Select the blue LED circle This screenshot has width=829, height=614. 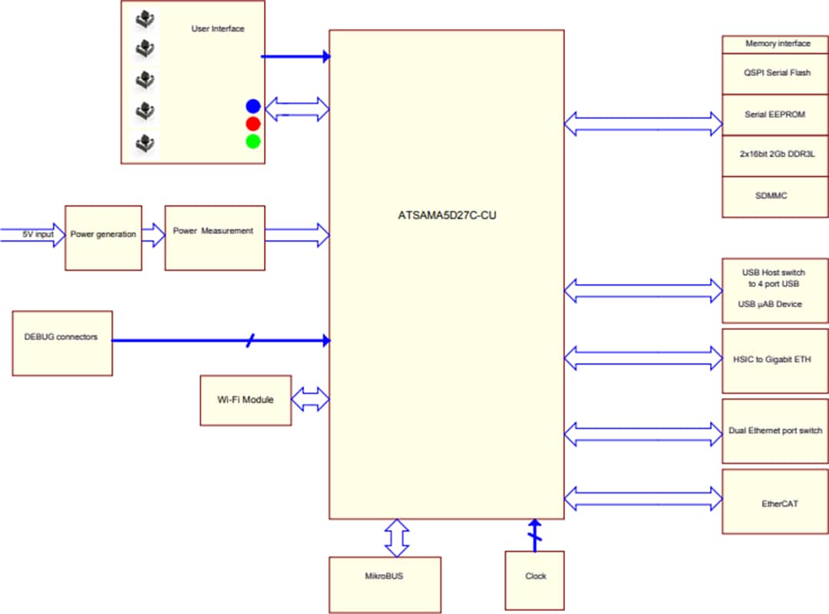[253, 107]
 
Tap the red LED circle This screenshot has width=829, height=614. [253, 124]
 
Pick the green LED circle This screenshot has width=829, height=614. [253, 141]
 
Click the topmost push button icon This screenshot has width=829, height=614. [143, 18]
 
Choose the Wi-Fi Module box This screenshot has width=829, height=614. [246, 400]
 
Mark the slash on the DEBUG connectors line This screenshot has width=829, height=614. [250, 340]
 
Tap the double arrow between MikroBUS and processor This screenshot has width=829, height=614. [397, 537]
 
